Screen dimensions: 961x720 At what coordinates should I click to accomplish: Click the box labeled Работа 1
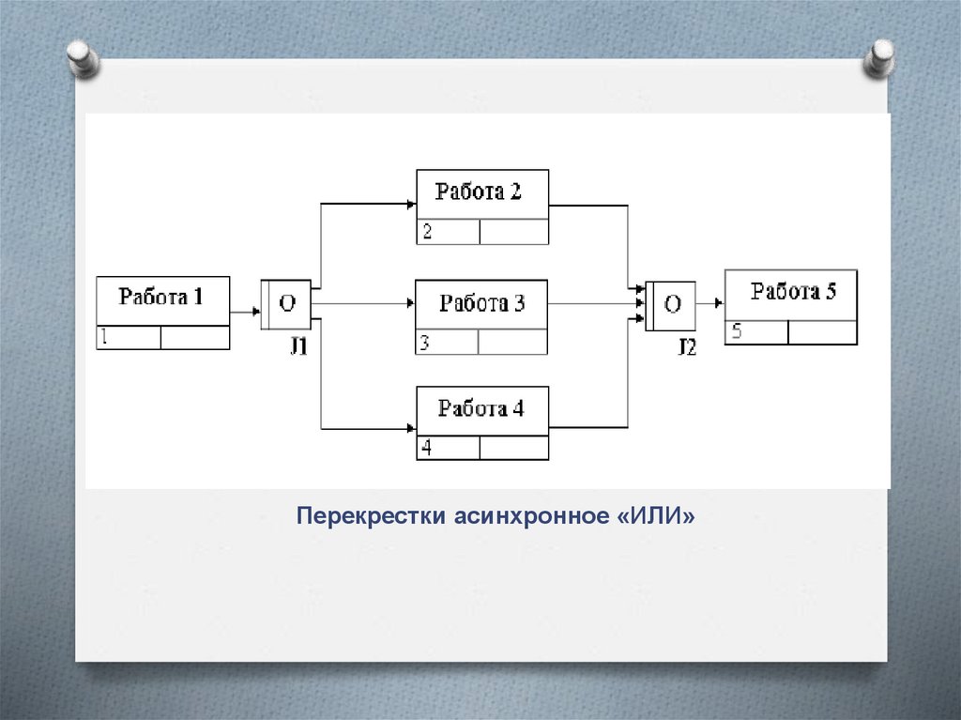[x=162, y=301]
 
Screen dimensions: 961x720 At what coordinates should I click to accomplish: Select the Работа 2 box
[x=482, y=194]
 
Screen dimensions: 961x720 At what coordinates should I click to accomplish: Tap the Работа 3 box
[x=481, y=304]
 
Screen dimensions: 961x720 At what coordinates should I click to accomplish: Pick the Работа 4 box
[x=482, y=411]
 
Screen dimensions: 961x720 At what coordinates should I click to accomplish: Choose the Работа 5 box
[x=790, y=294]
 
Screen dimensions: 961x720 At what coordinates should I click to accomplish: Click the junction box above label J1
[x=285, y=304]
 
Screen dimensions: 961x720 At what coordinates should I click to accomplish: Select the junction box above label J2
[x=670, y=304]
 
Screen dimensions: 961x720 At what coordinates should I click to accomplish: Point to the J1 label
[x=298, y=345]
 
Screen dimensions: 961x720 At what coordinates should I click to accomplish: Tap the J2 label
[x=687, y=346]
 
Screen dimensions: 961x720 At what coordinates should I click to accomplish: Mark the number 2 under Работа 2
[x=427, y=232]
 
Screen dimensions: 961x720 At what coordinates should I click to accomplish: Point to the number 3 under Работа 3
[x=425, y=343]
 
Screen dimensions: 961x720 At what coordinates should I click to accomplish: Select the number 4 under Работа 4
[x=427, y=449]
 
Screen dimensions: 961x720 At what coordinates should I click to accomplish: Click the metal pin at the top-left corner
[x=84, y=60]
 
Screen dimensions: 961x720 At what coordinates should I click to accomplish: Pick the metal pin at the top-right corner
[x=881, y=58]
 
